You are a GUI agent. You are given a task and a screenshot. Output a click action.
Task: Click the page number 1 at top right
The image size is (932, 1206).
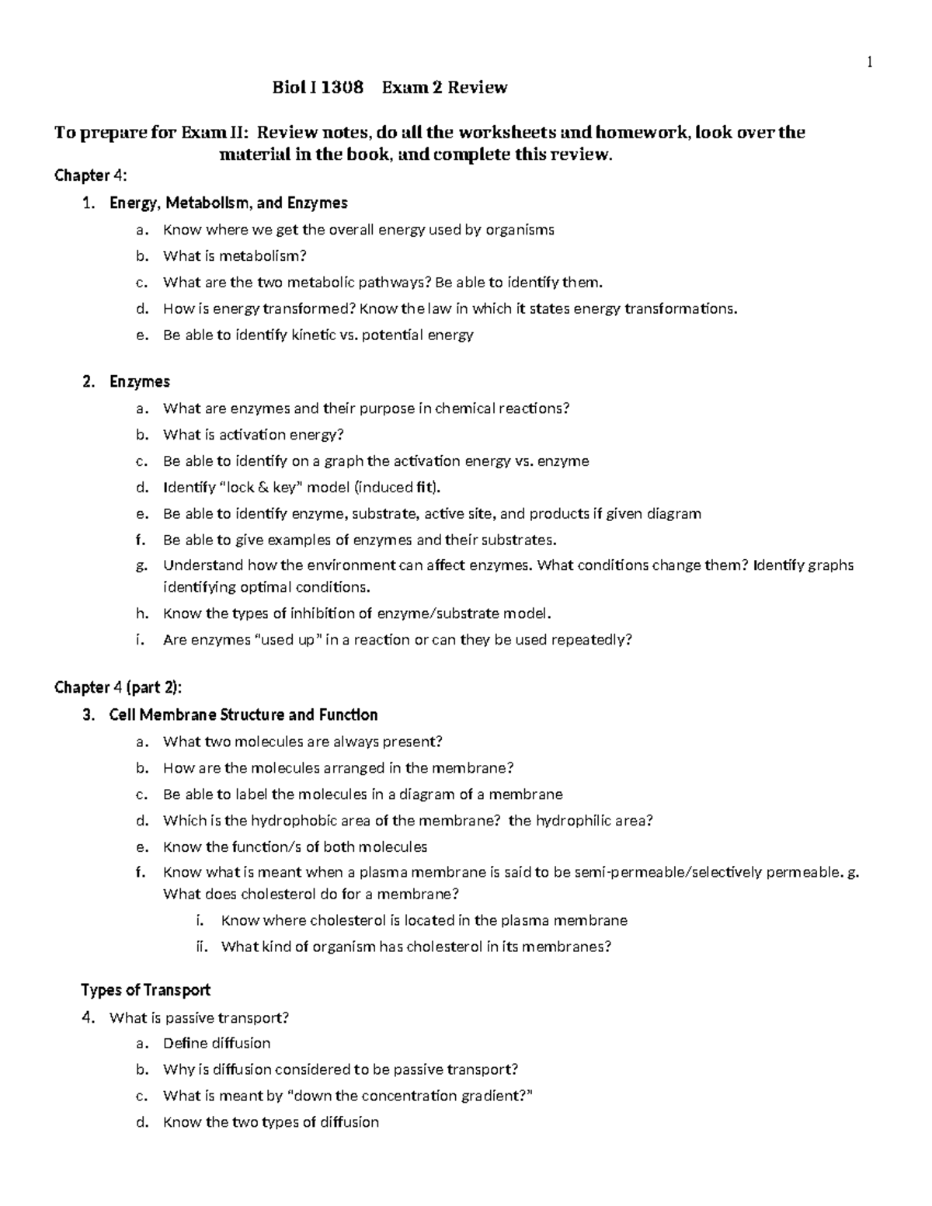pyautogui.click(x=871, y=63)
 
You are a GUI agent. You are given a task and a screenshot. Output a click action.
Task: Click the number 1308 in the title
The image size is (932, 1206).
pyautogui.click(x=342, y=87)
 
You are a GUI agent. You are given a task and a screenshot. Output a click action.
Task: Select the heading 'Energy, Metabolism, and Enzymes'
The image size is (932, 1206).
pyautogui.click(x=228, y=203)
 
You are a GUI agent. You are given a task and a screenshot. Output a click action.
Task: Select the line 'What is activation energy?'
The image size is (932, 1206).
pyautogui.click(x=253, y=435)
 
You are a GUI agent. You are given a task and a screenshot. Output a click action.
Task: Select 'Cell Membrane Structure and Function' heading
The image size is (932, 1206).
pyautogui.click(x=243, y=715)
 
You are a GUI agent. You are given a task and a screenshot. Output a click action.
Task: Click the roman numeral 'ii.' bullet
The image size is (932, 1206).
pyautogui.click(x=203, y=947)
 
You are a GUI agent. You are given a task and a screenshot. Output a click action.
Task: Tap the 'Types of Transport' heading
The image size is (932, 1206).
pyautogui.click(x=145, y=990)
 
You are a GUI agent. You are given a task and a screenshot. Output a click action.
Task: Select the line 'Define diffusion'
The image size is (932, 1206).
pyautogui.click(x=217, y=1044)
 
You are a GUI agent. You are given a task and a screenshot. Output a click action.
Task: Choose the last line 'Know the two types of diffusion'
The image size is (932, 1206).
pyautogui.click(x=270, y=1123)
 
